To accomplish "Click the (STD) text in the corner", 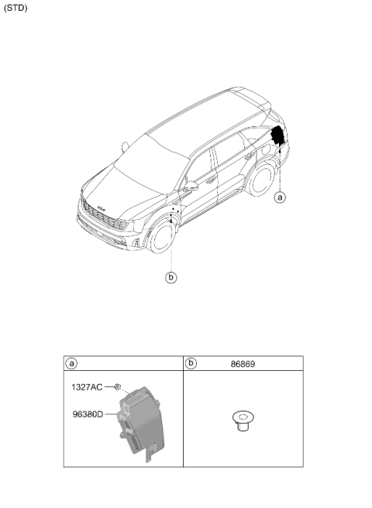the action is (x=15, y=8).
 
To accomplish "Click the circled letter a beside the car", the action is (x=280, y=197).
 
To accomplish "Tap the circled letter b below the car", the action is (x=171, y=277).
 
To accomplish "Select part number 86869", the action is (x=243, y=364).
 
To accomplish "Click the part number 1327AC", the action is (x=87, y=387).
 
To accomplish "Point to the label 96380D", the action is (x=88, y=414).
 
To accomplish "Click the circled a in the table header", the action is (x=71, y=363).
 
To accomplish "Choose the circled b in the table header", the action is (x=191, y=363).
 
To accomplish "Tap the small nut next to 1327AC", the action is (x=117, y=386).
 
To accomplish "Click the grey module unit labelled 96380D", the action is (x=141, y=423).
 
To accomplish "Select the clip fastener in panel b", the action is (x=243, y=420).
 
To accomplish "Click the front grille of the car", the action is (x=105, y=215).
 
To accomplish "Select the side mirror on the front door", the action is (x=191, y=187).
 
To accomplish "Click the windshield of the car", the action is (x=150, y=165).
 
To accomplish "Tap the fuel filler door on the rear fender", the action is (x=267, y=149).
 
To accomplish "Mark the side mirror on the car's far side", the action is (x=125, y=147).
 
